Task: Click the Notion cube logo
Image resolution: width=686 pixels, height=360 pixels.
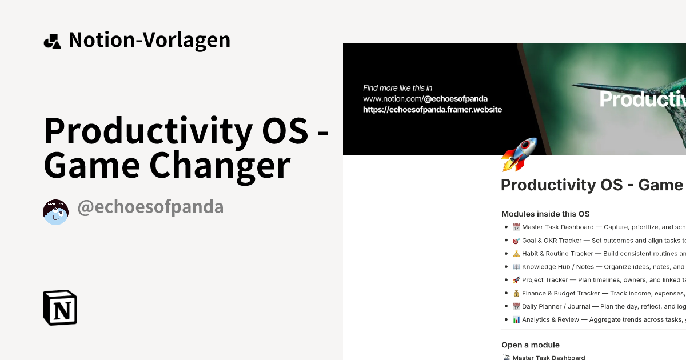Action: [60, 307]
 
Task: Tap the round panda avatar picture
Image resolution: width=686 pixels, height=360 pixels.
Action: [55, 212]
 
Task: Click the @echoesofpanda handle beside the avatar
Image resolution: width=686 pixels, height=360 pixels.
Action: [150, 207]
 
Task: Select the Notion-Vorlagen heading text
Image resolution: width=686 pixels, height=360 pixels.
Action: [149, 40]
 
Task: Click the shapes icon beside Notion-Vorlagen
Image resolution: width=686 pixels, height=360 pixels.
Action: [52, 41]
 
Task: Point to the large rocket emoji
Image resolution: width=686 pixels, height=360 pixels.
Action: [519, 154]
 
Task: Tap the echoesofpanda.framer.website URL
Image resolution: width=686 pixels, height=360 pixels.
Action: [432, 109]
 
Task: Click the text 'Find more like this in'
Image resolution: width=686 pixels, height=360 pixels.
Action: [397, 88]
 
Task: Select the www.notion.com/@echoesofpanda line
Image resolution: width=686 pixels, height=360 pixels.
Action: [425, 98]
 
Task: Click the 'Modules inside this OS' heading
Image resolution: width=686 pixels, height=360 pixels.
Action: [545, 214]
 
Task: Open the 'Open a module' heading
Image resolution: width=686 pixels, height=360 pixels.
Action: [530, 345]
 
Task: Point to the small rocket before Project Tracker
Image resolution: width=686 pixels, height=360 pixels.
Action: [516, 280]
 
